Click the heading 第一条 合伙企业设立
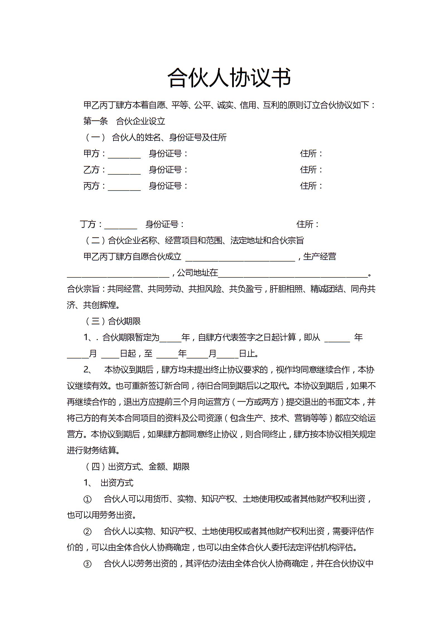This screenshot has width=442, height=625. coord(124,121)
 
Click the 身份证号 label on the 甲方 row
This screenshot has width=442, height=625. coord(168,153)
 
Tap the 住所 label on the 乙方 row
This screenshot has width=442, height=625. coord(311,170)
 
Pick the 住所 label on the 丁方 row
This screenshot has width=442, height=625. coord(307,224)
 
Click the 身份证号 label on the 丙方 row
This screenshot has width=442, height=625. coord(168,186)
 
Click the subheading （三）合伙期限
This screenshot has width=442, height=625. coord(112,321)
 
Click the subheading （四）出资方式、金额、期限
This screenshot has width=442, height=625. coord(137,467)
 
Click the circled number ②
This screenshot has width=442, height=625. coord(87,532)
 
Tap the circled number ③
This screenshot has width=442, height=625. coord(87,564)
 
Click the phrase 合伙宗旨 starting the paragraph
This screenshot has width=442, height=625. coord(83,289)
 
